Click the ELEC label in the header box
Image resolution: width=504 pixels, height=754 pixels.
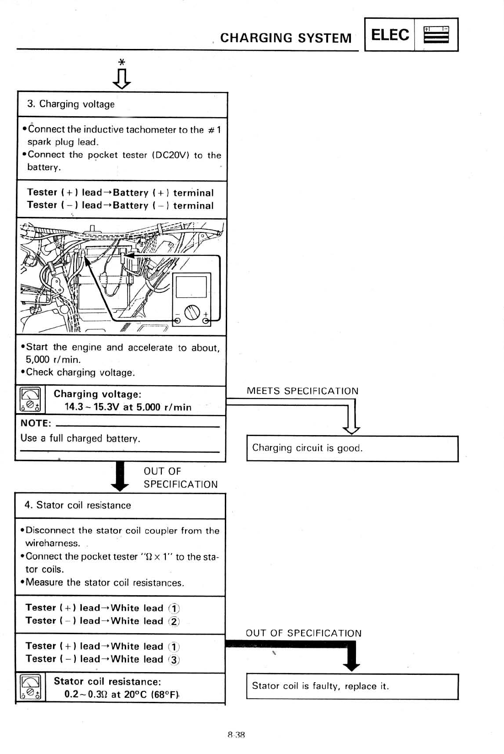[390, 35]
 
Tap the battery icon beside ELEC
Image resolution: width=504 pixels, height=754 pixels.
[436, 35]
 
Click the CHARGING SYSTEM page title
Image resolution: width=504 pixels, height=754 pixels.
[286, 38]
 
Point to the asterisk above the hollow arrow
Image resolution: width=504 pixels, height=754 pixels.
[121, 62]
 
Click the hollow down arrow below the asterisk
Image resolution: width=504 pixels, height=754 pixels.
[122, 79]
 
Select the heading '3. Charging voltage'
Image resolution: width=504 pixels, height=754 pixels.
[71, 104]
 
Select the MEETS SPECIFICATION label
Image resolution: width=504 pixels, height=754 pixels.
[302, 391]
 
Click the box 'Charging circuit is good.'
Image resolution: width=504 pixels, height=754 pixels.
[352, 448]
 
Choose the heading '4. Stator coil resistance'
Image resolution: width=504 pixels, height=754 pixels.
[78, 506]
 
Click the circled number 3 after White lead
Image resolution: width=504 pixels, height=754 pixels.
[174, 660]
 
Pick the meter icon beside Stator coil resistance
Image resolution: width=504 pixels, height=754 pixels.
[30, 688]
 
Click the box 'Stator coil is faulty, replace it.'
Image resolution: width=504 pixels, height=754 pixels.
[352, 686]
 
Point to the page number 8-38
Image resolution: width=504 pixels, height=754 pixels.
[236, 735]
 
